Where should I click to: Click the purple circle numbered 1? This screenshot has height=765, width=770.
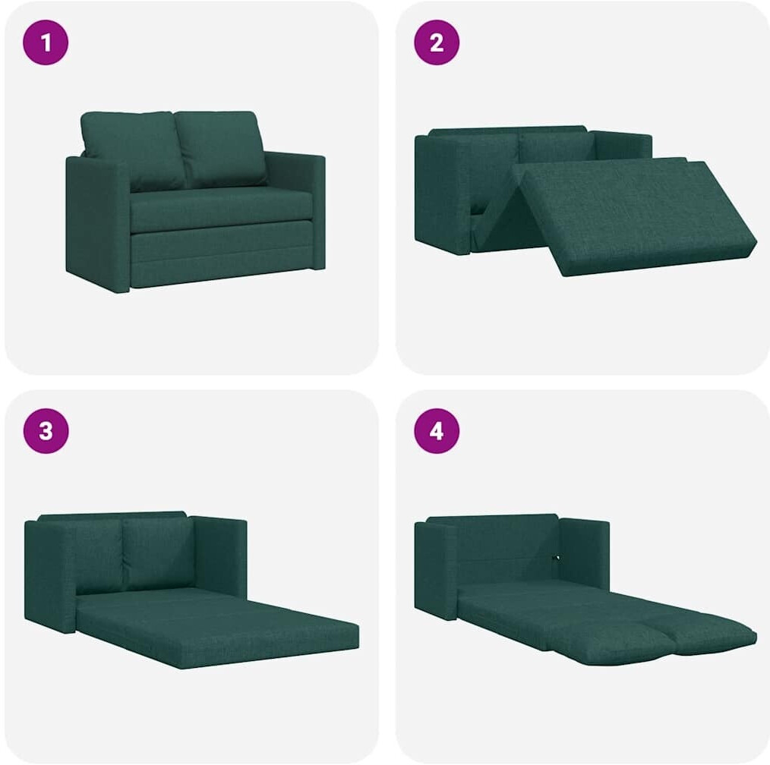point(46,42)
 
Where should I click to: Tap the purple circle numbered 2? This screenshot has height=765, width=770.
point(437,42)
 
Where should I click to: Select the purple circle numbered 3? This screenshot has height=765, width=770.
point(46,431)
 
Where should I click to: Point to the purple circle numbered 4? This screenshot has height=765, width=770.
point(437,431)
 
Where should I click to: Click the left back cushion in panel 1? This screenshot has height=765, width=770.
point(133,150)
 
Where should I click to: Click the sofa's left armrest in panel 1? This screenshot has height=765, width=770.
point(98,223)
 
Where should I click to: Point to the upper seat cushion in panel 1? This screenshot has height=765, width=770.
point(221,209)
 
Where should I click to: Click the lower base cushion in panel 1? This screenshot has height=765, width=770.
point(222,254)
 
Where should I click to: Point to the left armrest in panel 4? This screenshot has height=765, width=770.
point(436,569)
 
